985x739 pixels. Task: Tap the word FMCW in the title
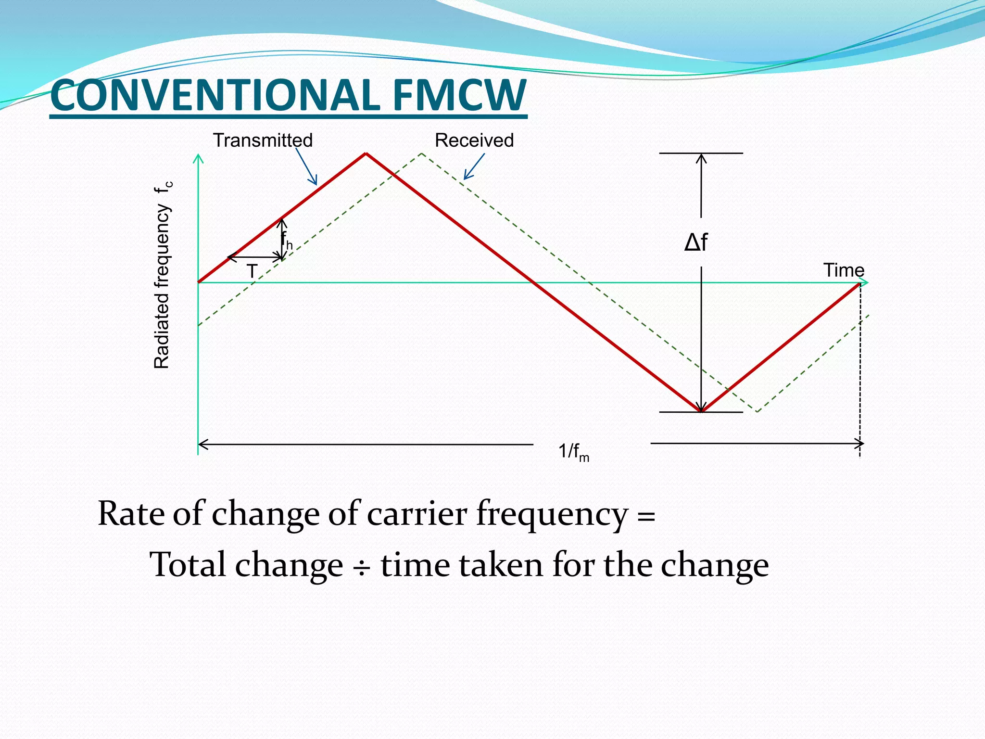(459, 95)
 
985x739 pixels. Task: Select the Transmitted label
(263, 140)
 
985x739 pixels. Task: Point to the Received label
(474, 140)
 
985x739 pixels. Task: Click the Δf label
(696, 242)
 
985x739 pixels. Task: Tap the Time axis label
(844, 270)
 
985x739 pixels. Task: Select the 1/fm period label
(573, 452)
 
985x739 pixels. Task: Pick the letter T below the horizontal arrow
(252, 271)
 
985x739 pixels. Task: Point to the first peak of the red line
(366, 153)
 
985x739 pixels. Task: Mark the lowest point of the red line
(702, 412)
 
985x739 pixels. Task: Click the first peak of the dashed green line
(421, 153)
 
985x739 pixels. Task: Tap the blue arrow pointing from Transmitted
(306, 166)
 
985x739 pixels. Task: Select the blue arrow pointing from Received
(474, 166)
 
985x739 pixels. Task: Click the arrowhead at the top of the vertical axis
(198, 158)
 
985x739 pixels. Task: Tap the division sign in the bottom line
(362, 566)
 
